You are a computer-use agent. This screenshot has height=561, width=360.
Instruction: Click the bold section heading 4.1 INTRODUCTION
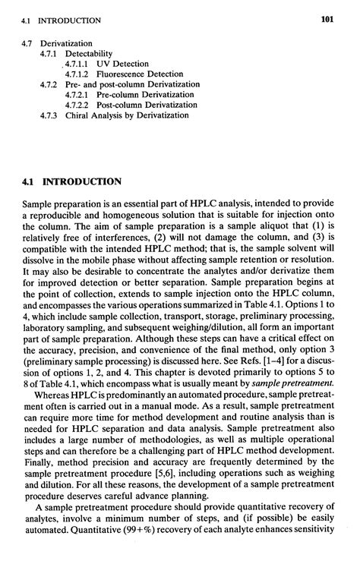[72, 181]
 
